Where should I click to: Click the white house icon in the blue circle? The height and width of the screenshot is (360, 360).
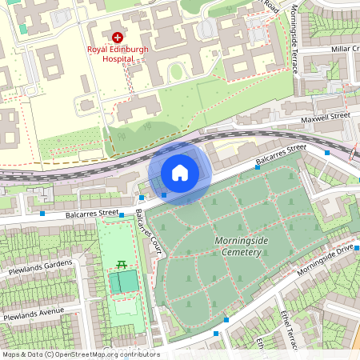(180, 172)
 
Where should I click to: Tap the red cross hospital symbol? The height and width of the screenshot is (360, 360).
(118, 37)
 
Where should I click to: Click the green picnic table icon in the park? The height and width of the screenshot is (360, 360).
(122, 264)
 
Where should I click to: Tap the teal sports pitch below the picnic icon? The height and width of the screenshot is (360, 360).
(123, 282)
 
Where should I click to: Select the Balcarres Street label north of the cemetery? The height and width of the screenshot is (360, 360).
(281, 155)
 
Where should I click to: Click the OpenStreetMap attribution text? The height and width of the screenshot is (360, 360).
(81, 354)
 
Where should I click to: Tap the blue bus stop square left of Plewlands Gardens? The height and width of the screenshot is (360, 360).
(42, 214)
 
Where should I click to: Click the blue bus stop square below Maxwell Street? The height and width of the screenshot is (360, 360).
(327, 152)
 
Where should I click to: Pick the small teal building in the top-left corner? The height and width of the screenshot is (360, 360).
(22, 29)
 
